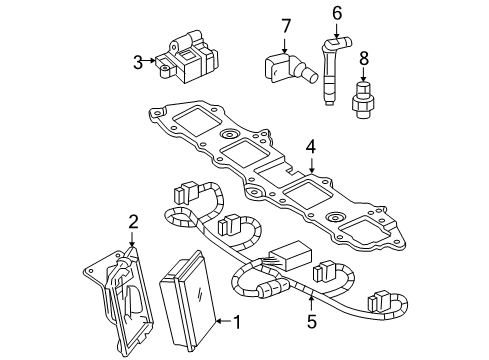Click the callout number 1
click(x=237, y=322)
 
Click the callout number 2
click(x=132, y=221)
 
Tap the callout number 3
click(x=138, y=61)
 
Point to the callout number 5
click(x=311, y=322)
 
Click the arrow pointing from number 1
click(x=222, y=322)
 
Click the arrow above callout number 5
click(x=311, y=304)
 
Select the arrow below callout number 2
click(x=132, y=238)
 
